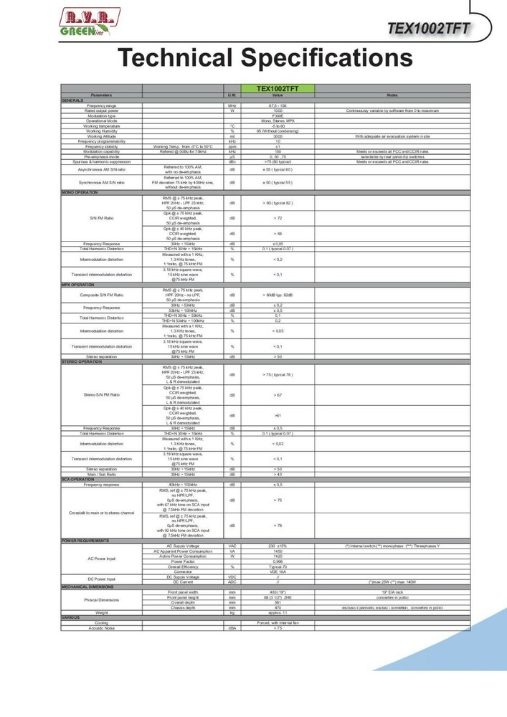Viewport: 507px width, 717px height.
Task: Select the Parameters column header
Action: [x=101, y=95]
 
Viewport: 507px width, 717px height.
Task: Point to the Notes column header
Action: [x=392, y=95]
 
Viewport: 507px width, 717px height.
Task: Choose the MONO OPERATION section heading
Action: [x=80, y=193]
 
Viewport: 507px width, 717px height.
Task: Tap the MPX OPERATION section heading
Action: [x=78, y=285]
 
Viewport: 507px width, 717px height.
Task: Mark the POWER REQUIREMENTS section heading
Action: [x=86, y=540]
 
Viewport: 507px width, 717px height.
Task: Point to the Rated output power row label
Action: [x=101, y=110]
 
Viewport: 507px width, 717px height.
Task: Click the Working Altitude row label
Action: [x=101, y=136]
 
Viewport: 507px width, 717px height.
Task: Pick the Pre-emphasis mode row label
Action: [x=101, y=157]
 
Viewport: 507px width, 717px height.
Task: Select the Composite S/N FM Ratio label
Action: [x=101, y=295]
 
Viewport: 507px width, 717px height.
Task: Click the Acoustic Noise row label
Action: [x=101, y=629]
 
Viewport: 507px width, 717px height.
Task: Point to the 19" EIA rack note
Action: [x=392, y=591]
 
